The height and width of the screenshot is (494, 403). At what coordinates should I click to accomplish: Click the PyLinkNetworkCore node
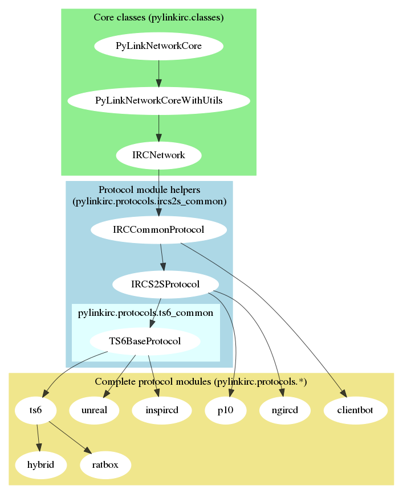(x=158, y=46)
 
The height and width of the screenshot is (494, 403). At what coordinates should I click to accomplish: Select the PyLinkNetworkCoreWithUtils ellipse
(x=158, y=101)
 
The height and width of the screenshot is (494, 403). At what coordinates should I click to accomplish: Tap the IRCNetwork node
(x=158, y=155)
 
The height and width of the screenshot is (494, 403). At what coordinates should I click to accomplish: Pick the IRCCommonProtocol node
(x=158, y=230)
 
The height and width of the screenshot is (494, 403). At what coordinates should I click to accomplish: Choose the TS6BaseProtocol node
(x=145, y=341)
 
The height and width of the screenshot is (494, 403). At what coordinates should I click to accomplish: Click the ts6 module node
(x=35, y=410)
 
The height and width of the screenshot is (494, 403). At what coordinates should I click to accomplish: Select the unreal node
(x=95, y=410)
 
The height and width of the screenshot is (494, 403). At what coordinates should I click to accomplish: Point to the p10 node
(x=225, y=410)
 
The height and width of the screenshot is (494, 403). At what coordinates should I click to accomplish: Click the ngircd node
(x=284, y=410)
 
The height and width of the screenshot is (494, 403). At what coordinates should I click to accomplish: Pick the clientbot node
(x=356, y=410)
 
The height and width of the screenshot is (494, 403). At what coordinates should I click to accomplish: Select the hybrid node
(x=40, y=464)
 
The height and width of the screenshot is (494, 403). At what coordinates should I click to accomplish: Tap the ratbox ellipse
(x=105, y=464)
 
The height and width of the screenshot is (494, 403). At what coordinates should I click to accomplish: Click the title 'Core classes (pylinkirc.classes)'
(x=158, y=18)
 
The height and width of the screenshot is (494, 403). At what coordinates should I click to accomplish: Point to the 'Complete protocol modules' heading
(x=201, y=382)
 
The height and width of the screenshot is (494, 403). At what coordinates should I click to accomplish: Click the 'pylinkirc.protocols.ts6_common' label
(x=145, y=312)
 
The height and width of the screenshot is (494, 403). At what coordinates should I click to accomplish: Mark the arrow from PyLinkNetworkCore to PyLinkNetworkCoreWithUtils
(x=158, y=73)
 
